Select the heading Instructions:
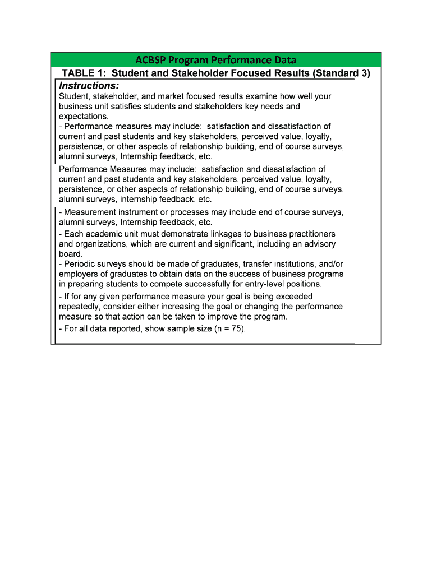pyautogui.click(x=89, y=86)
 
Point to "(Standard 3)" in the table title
pyautogui.click(x=341, y=73)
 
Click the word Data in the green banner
pyautogui.click(x=283, y=60)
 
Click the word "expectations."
pyautogui.click(x=84, y=117)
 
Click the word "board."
pyautogui.click(x=71, y=254)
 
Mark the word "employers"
pyautogui.click(x=77, y=274)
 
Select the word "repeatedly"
pyautogui.click(x=79, y=307)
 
